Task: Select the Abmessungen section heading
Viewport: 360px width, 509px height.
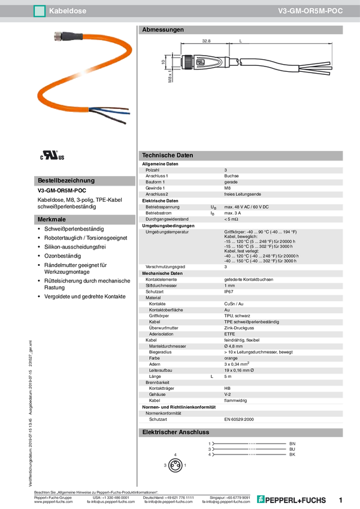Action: [163, 29]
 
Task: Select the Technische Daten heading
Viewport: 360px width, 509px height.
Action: [168, 155]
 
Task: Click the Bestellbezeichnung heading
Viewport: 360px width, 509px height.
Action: [66, 180]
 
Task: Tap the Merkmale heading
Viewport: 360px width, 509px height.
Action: [52, 220]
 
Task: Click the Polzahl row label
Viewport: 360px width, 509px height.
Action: [153, 171]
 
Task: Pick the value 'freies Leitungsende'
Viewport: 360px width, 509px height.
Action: [243, 194]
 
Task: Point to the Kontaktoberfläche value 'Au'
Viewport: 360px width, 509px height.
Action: [227, 310]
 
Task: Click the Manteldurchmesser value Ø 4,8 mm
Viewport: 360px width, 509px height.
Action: [234, 346]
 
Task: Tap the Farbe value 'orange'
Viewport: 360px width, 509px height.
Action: [232, 357]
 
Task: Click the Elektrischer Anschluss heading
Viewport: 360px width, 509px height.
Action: [175, 432]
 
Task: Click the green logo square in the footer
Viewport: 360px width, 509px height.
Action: [260, 498]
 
